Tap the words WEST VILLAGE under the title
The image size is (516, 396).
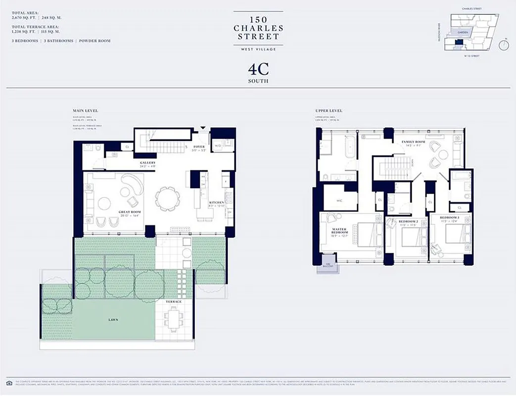(258, 49)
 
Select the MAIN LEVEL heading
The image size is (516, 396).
(85, 110)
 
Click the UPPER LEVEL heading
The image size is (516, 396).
(328, 110)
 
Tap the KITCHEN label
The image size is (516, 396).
(216, 202)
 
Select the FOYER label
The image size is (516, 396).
(199, 147)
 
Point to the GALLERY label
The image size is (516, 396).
(147, 163)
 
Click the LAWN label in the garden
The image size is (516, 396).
(114, 320)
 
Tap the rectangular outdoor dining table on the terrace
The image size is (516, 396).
(173, 319)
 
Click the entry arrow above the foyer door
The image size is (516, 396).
(202, 128)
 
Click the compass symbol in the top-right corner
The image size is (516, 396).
(504, 45)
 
